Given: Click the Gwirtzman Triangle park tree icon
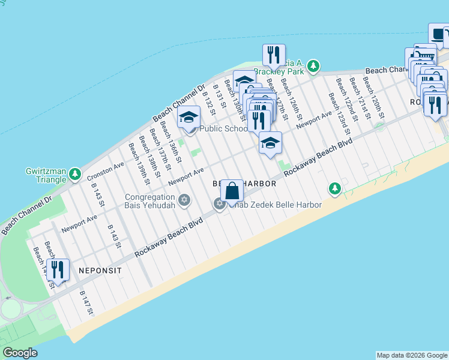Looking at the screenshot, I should point(75,175).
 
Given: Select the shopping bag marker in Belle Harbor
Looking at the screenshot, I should point(232,191).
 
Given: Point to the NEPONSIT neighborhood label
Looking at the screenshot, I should point(100,271).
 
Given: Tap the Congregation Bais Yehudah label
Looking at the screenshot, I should point(150,202).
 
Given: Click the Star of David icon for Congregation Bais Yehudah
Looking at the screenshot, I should point(184,200).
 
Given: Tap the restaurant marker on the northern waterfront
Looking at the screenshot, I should point(273,55).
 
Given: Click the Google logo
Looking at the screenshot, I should point(20,353).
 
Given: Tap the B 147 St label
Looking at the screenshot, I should point(86,303).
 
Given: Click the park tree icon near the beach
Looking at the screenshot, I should point(335,189).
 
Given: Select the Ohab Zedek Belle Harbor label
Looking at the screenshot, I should point(273,205).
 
